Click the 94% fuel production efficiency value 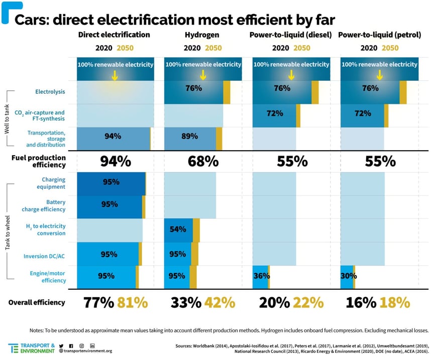(116, 161)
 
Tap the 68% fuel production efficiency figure (203, 161)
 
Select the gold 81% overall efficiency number (133, 303)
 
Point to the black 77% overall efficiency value (97, 303)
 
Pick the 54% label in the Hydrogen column (178, 229)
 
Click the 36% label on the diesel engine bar (262, 276)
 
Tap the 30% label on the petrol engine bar (349, 276)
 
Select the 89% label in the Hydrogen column (178, 136)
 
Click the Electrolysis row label (50, 92)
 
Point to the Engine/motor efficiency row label (46, 276)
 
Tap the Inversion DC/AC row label (45, 256)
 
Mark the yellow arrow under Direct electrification (115, 75)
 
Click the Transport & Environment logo (32, 348)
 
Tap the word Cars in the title (32, 20)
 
